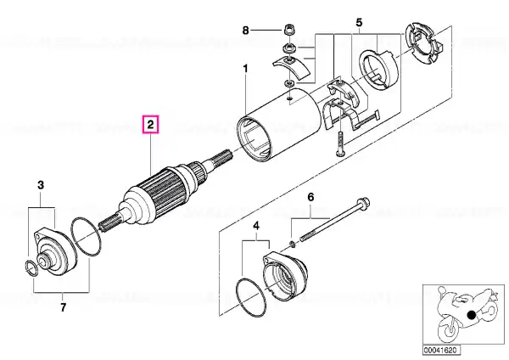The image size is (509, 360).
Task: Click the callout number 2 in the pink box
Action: (151, 125)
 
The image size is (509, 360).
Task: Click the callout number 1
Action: (245, 69)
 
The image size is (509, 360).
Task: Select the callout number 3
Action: (41, 185)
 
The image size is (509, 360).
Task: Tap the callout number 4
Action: (256, 226)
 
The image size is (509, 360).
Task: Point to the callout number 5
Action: (359, 22)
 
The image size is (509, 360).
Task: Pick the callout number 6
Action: (310, 197)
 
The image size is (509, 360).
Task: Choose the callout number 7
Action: (63, 307)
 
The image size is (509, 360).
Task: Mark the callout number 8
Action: (246, 31)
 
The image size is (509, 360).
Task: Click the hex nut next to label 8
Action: (288, 30)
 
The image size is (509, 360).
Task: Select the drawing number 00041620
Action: (441, 350)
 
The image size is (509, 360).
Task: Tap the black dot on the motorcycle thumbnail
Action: (471, 314)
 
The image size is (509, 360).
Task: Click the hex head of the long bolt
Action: (364, 203)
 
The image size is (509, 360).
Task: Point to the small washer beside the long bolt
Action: (292, 244)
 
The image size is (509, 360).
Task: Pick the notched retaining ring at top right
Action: (422, 43)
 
